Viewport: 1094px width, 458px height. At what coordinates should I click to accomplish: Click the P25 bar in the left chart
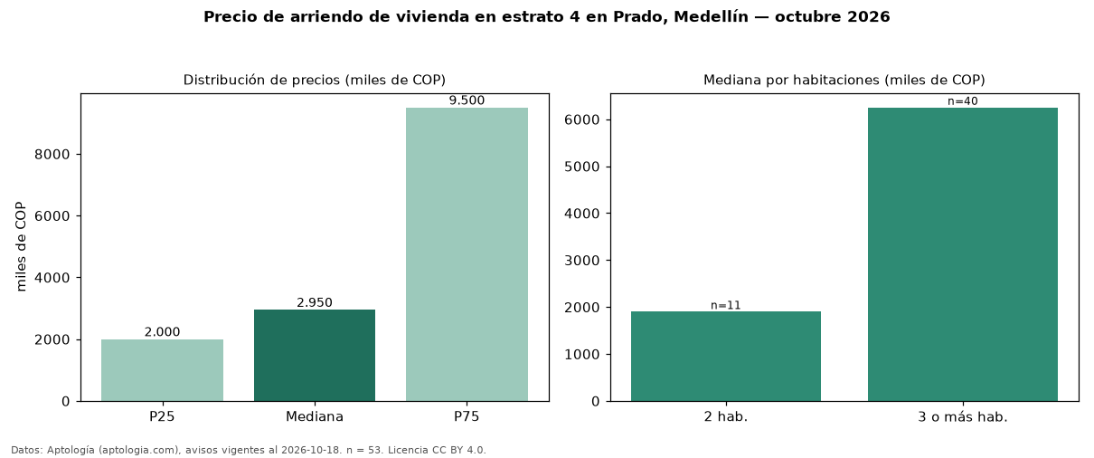click(x=162, y=370)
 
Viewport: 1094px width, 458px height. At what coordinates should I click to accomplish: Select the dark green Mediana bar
click(x=315, y=356)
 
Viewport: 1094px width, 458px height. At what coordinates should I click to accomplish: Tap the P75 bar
click(x=467, y=254)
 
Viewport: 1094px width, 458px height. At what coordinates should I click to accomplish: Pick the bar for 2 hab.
click(x=726, y=357)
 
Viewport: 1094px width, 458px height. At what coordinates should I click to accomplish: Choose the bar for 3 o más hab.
click(x=963, y=254)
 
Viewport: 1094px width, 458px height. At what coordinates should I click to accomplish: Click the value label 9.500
click(x=467, y=100)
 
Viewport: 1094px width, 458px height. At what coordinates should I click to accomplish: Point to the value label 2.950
click(x=315, y=302)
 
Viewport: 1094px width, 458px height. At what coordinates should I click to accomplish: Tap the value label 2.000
click(x=162, y=332)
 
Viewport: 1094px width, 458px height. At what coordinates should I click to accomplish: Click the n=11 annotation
click(x=726, y=306)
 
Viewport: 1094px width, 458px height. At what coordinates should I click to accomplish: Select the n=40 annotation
click(x=963, y=101)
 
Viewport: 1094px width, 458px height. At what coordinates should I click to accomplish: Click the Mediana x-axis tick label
click(x=315, y=416)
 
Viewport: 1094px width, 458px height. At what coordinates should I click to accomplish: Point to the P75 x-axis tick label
click(x=467, y=416)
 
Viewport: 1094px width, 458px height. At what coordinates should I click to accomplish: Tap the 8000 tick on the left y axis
click(x=52, y=155)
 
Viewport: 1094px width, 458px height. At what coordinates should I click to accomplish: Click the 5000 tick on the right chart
click(x=581, y=167)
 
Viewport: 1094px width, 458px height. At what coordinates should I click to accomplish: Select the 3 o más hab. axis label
click(x=963, y=417)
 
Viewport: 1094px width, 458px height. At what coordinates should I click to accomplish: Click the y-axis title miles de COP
click(x=21, y=247)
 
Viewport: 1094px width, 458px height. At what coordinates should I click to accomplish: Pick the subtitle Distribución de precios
click(x=262, y=80)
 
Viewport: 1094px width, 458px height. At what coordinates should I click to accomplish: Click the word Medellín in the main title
click(x=711, y=16)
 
